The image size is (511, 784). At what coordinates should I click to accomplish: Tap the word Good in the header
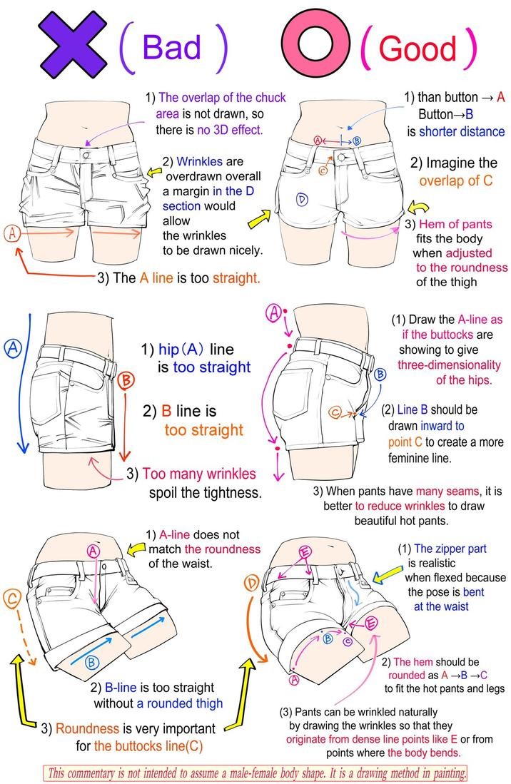click(x=418, y=48)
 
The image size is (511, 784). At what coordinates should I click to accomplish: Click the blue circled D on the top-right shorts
click(x=302, y=199)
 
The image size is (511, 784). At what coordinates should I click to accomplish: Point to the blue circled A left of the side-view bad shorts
click(x=12, y=348)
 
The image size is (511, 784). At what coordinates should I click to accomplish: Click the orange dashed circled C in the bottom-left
click(x=12, y=600)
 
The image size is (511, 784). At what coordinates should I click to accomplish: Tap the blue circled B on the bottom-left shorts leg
click(x=92, y=663)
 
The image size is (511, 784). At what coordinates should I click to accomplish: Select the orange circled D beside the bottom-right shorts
click(x=251, y=584)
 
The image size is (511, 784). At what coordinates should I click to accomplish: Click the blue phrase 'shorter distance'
click(x=461, y=131)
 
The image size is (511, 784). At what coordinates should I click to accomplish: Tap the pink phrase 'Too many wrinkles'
click(x=199, y=474)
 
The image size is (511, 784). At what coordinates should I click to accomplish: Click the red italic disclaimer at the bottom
click(x=255, y=773)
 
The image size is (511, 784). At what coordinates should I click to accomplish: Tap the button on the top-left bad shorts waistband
click(x=86, y=153)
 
